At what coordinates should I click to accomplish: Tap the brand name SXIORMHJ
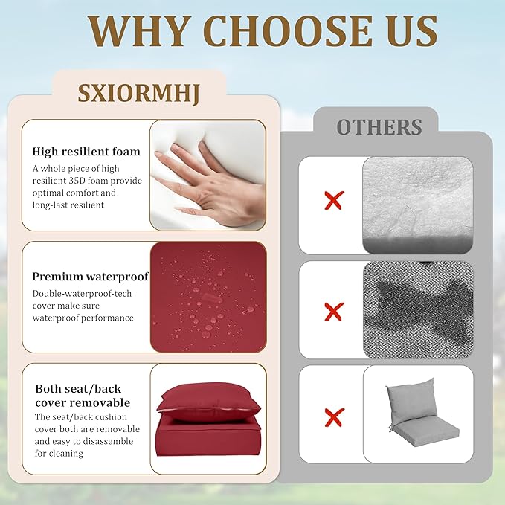click(139, 94)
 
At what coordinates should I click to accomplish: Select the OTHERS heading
click(379, 127)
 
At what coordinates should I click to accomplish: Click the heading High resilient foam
click(86, 152)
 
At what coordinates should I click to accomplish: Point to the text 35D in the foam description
click(77, 180)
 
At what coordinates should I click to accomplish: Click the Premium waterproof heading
click(90, 277)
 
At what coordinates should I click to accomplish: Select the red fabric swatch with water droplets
click(208, 297)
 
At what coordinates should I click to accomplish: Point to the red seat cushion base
click(208, 439)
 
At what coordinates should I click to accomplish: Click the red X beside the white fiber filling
click(334, 200)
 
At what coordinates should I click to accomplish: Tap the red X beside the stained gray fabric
click(334, 312)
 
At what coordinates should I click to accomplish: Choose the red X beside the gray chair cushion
click(334, 417)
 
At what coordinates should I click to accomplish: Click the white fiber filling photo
click(418, 205)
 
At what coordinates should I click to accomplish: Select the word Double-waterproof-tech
click(82, 294)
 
